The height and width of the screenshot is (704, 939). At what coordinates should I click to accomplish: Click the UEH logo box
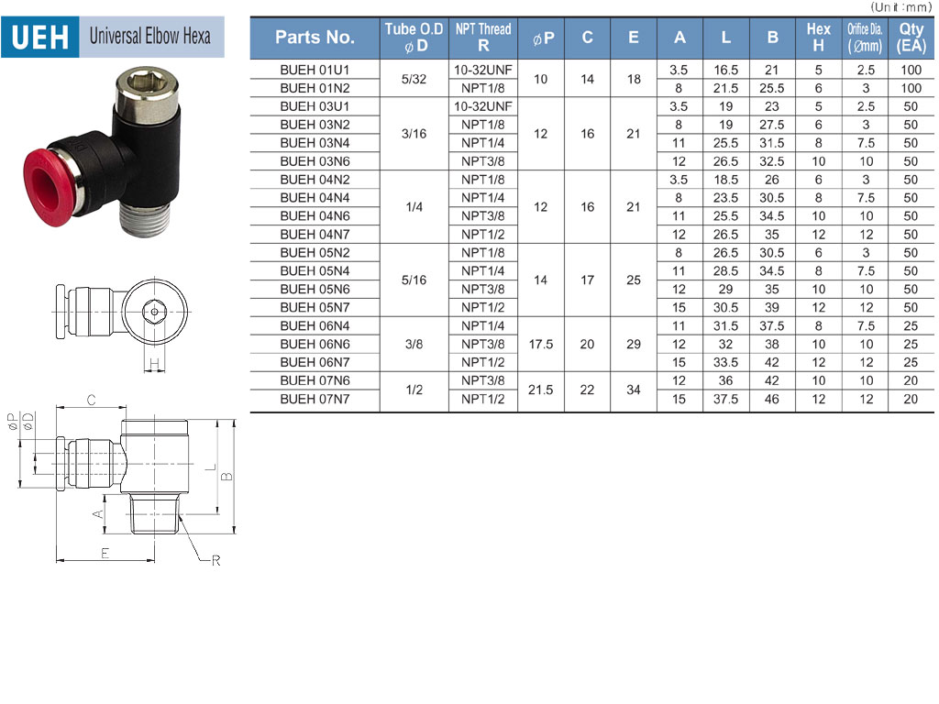pos(40,37)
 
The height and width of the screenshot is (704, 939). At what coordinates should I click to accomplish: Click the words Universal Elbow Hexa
pos(149,36)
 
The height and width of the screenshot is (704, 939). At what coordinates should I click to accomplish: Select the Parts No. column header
pos(315,38)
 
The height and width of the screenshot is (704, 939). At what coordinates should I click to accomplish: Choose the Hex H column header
pos(818,38)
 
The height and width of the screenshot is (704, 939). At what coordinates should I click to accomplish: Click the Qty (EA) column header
pos(911,38)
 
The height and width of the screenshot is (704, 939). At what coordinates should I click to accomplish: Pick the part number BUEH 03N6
pos(315,161)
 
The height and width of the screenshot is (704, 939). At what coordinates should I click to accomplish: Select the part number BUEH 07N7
pos(315,400)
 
